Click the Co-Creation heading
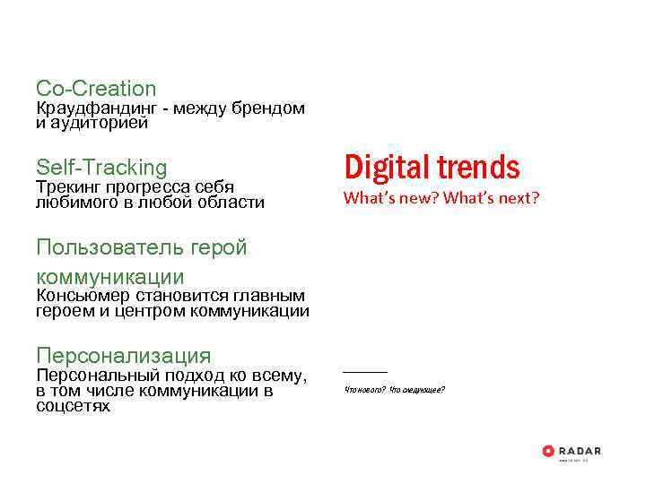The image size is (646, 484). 96,89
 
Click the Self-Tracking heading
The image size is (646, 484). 101,168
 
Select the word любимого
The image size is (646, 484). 74,203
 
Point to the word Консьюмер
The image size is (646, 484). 83,296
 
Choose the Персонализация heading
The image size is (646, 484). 124,356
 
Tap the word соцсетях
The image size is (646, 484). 73,407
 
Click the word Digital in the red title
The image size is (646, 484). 387,167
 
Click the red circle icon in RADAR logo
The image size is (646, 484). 548,451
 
